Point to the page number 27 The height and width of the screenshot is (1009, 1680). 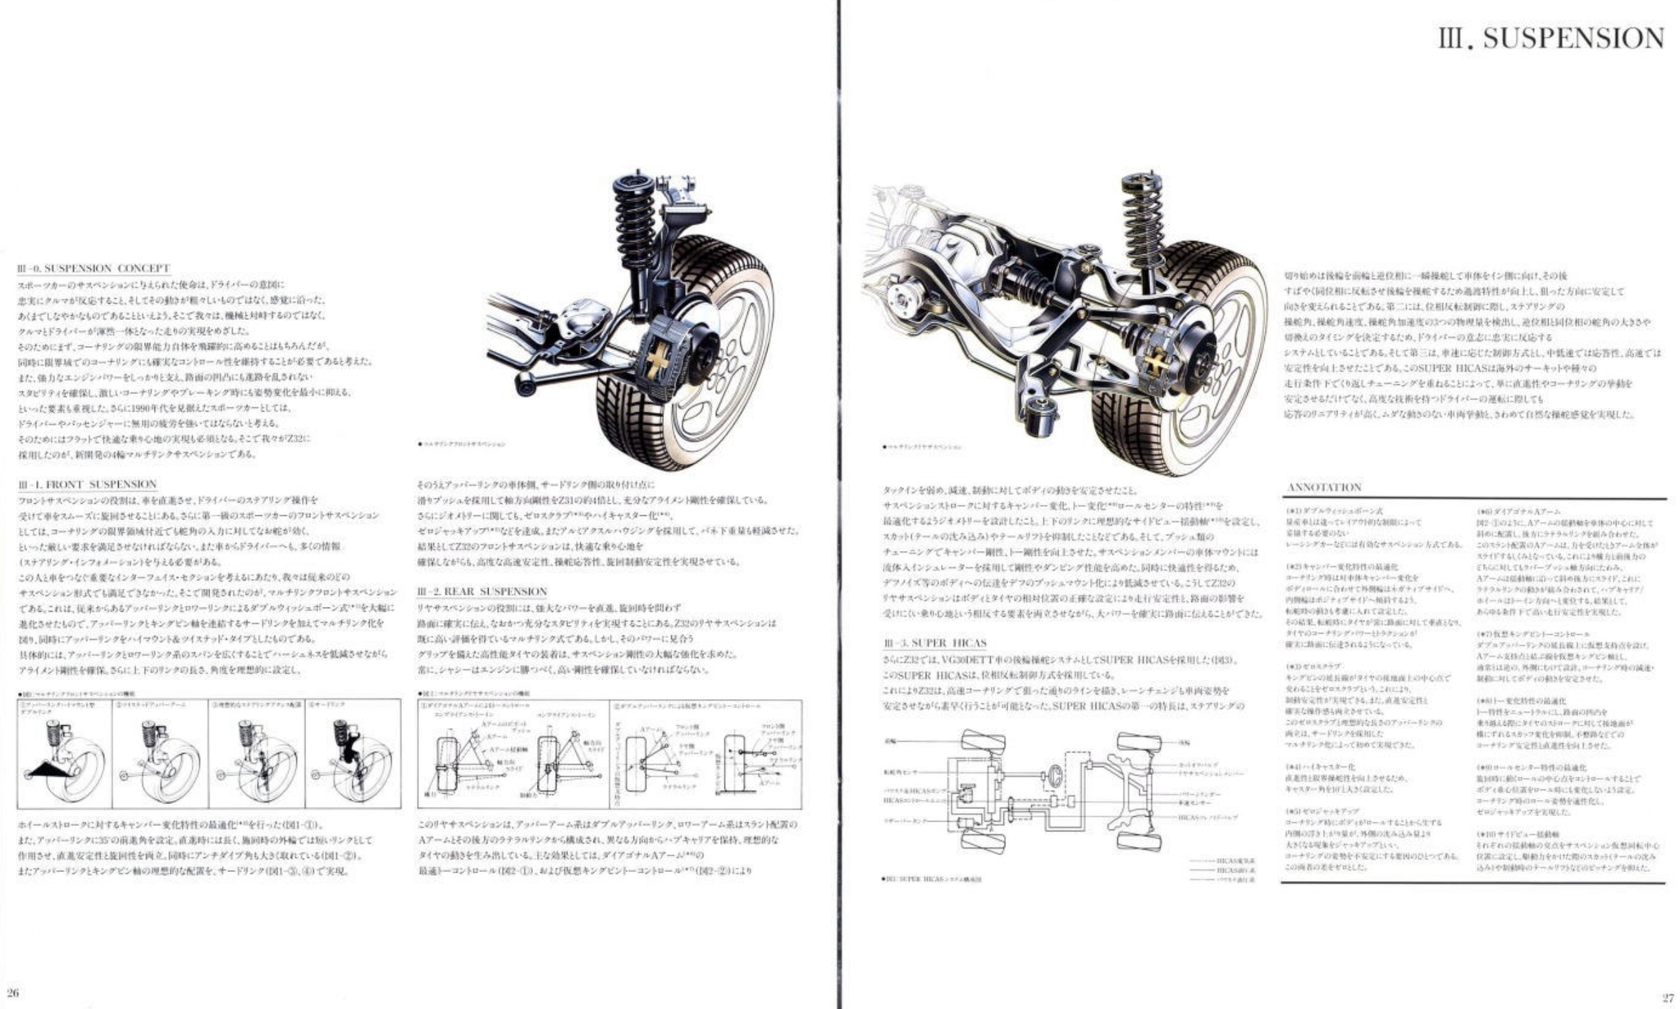click(1667, 998)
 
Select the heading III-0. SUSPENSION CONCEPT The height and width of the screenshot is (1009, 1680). click(94, 268)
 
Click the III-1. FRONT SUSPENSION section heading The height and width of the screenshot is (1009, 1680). click(87, 485)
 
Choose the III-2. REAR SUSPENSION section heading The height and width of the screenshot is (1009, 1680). click(482, 591)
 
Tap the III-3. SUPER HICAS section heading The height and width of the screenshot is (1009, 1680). click(934, 643)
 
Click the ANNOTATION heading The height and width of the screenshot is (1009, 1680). click(1324, 487)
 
